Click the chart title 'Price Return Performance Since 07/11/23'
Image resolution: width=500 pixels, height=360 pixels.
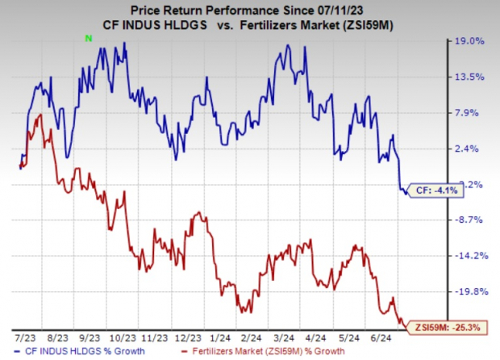point(249,10)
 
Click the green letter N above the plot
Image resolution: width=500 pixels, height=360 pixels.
point(90,37)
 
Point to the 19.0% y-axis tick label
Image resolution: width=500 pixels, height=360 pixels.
point(471,41)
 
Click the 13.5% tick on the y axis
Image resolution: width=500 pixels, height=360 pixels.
point(471,77)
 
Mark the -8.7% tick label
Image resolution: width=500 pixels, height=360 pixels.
point(471,220)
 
